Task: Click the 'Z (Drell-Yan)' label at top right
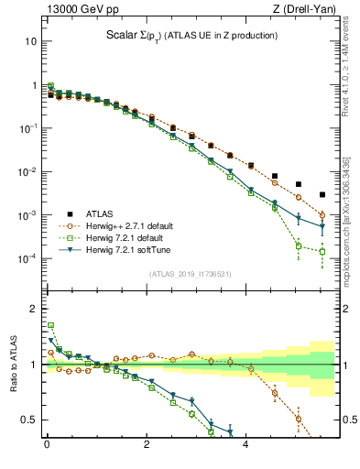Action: pyautogui.click(x=302, y=10)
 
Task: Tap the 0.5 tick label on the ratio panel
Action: pyautogui.click(x=29, y=420)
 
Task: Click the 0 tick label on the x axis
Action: pyautogui.click(x=47, y=448)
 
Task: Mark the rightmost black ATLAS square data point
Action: pyautogui.click(x=322, y=194)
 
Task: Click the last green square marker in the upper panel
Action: pyautogui.click(x=322, y=251)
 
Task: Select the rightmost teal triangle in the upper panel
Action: pyautogui.click(x=322, y=227)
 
